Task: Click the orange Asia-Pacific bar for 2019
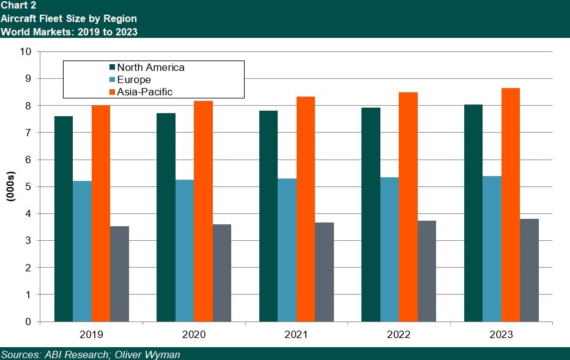(101, 213)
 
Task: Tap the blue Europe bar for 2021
(287, 250)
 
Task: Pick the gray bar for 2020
(222, 273)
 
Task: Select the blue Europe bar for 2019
(83, 251)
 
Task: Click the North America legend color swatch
(112, 68)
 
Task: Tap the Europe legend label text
(134, 80)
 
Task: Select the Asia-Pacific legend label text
(145, 92)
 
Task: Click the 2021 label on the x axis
(296, 335)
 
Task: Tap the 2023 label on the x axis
(501, 335)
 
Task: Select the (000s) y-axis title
(11, 186)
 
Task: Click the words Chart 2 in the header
(18, 6)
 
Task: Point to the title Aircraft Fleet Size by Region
(68, 18)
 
